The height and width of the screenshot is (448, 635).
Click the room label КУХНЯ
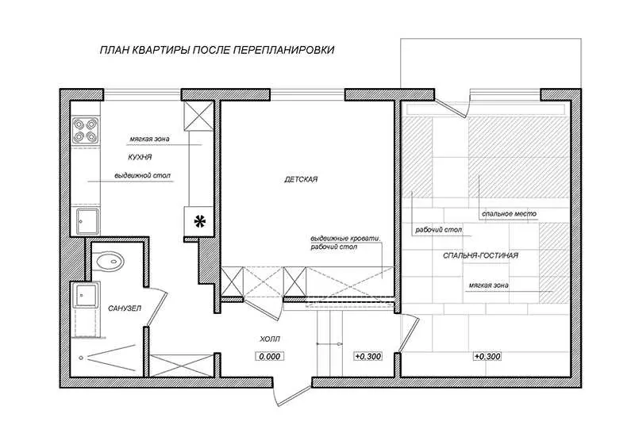pos(140,157)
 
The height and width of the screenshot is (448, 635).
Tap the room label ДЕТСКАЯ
pos(301,179)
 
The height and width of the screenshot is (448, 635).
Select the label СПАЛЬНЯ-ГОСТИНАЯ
pos(481,256)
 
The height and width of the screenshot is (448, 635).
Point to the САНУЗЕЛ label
pos(125,308)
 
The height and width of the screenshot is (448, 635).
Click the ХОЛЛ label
pos(270,339)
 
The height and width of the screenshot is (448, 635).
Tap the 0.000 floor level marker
pos(270,357)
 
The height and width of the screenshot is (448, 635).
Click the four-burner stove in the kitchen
pos(86,130)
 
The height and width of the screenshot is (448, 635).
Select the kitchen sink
pos(87,221)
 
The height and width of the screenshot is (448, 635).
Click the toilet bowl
pos(110,262)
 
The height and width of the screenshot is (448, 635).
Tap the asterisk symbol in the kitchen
pos(200,221)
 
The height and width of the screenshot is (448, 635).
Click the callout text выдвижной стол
pos(143,176)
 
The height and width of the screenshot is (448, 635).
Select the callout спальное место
pos(509,213)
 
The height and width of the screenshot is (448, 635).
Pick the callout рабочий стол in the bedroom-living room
pos(439,230)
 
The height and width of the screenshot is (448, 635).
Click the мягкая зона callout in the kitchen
pos(149,140)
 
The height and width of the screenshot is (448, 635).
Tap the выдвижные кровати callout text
pos(345,239)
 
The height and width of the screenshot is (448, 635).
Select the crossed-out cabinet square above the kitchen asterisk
pos(198,116)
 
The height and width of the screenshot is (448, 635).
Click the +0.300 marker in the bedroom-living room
pos(487,357)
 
